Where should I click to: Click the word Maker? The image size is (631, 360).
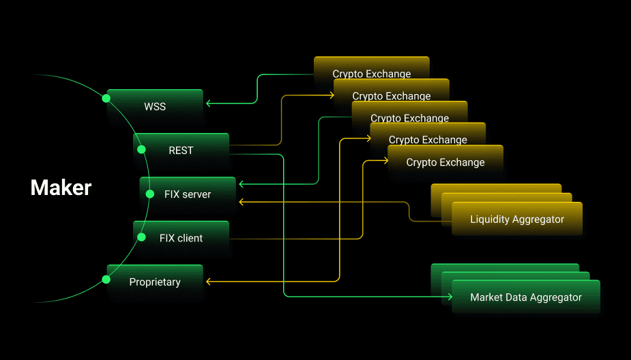point(61,187)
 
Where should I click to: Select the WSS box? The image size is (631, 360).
point(155,106)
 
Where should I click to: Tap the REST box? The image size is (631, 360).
point(181,150)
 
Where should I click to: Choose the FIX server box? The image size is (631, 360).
point(188,194)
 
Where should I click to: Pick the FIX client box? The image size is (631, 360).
point(181,237)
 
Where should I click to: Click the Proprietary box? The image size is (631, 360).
point(155,282)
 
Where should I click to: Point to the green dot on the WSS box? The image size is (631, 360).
point(106,98)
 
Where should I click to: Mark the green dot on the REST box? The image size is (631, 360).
point(141,149)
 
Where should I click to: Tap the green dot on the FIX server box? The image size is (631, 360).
point(150,194)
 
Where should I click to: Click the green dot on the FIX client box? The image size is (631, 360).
point(141,237)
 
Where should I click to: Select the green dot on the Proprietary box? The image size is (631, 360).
point(106,279)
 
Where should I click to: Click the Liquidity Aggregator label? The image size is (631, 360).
point(517,219)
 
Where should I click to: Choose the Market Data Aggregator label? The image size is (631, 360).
point(526,297)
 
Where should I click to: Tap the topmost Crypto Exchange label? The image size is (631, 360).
point(372,74)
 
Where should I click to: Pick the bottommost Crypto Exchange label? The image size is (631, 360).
point(445,162)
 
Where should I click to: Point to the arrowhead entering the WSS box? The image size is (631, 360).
point(208,104)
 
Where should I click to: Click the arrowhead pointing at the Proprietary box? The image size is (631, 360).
point(208,281)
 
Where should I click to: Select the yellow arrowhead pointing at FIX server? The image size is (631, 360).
point(241,202)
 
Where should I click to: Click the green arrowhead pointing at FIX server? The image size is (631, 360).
point(241,184)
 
